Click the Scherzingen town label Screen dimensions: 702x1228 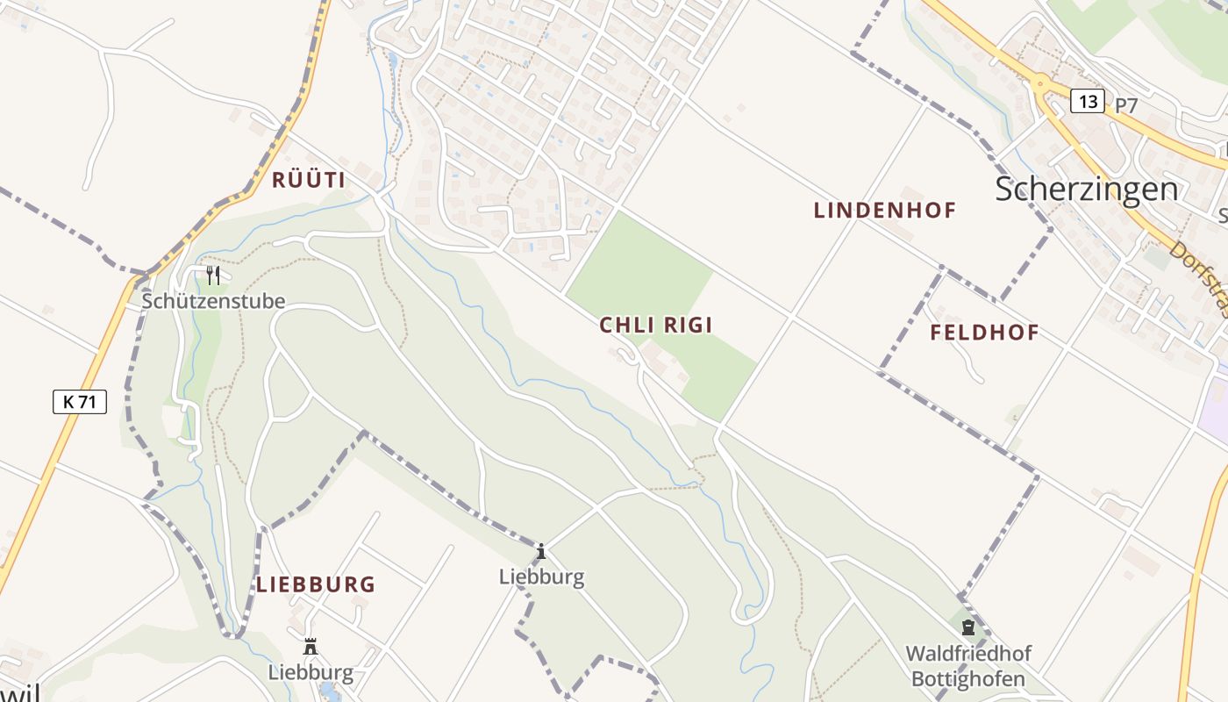pyautogui.click(x=1086, y=189)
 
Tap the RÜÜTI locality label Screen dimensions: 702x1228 pyautogui.click(x=308, y=181)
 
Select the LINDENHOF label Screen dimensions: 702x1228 pyautogui.click(x=884, y=211)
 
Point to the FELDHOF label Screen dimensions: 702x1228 pyautogui.click(x=984, y=333)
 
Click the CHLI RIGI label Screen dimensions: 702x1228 pyautogui.click(x=655, y=326)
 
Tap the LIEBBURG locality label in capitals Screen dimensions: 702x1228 pyautogui.click(x=316, y=584)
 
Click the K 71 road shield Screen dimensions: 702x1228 pyautogui.click(x=80, y=402)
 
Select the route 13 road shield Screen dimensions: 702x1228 pyautogui.click(x=1088, y=102)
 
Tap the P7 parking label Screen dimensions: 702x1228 pyautogui.click(x=1126, y=105)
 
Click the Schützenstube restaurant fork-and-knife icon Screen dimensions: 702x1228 pyautogui.click(x=213, y=276)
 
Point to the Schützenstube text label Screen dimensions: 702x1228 pyautogui.click(x=214, y=301)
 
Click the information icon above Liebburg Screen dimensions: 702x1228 pyautogui.click(x=541, y=551)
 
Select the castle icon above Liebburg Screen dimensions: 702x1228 pyautogui.click(x=310, y=647)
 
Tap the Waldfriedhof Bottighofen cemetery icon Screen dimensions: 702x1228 pyautogui.click(x=968, y=627)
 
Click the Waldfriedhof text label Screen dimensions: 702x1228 pyautogui.click(x=968, y=654)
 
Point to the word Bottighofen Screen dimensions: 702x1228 pyautogui.click(x=968, y=679)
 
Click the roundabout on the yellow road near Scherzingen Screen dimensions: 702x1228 pyautogui.click(x=1041, y=85)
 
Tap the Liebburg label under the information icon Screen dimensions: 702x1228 pyautogui.click(x=541, y=577)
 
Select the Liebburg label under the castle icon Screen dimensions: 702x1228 pyautogui.click(x=311, y=673)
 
